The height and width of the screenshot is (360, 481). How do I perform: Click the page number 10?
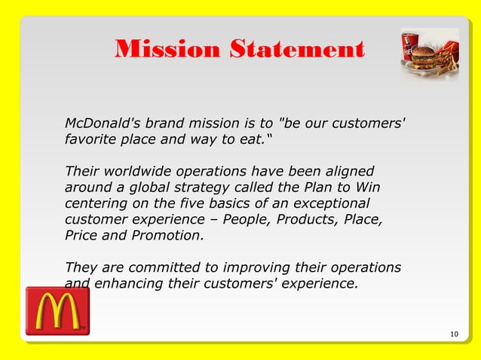click(x=453, y=334)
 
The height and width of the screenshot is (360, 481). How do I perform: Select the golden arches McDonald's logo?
click(x=57, y=310)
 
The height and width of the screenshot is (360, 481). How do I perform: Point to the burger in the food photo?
click(x=424, y=57)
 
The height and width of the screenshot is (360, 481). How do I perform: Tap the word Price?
click(x=81, y=236)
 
